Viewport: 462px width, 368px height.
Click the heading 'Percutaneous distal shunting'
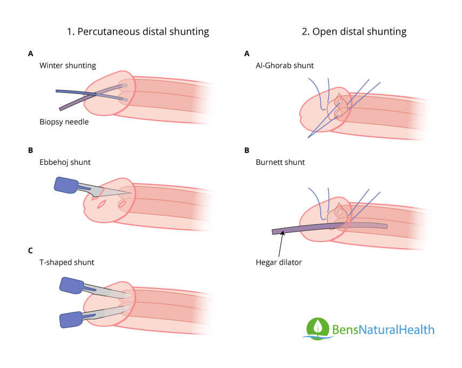pos(137,31)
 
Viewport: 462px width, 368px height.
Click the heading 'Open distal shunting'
pos(354,31)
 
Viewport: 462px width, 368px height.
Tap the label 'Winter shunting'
pos(68,65)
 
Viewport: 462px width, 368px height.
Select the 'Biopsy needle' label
pos(64,122)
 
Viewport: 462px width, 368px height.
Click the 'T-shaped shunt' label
pos(67,262)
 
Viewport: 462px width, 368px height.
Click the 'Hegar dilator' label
pos(279,263)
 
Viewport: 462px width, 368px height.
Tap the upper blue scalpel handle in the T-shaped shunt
pos(71,284)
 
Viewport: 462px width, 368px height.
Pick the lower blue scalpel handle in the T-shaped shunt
pos(70,319)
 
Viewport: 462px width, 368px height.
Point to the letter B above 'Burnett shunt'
pos(247,150)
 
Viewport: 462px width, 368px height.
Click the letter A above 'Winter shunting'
pos(30,53)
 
